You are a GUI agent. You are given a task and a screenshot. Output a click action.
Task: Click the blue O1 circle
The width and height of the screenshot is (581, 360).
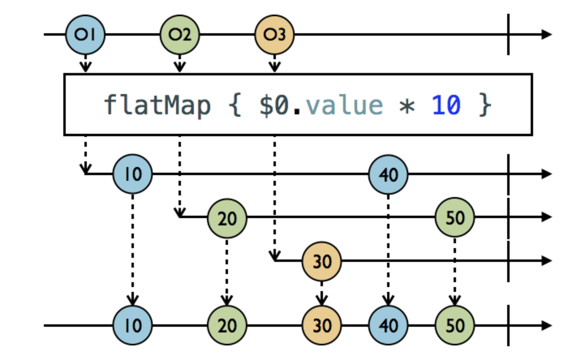85,34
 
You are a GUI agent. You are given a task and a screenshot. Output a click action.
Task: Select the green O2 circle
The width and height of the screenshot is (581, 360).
180,34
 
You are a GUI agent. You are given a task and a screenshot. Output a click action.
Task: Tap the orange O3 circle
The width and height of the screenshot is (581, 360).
274,34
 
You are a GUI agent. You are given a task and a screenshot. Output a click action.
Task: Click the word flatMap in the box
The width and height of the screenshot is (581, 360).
157,105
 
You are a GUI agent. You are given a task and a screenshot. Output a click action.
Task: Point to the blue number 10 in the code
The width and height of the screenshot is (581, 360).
446,105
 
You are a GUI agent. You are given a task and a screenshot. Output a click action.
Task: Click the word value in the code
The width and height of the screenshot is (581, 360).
344,105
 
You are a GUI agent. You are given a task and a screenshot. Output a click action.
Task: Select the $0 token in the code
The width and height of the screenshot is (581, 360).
274,105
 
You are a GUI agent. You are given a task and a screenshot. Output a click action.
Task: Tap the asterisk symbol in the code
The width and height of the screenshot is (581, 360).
407,106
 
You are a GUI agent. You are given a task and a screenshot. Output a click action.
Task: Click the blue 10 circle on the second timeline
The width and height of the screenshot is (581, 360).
133,174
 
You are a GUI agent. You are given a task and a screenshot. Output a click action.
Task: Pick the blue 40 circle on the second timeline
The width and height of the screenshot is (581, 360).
388,174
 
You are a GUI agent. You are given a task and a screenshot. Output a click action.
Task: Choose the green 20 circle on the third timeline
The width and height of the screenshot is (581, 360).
227,218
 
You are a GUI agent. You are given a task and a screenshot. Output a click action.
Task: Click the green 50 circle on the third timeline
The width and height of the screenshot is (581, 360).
455,217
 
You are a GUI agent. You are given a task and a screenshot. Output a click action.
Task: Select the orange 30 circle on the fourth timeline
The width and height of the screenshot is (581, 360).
322,261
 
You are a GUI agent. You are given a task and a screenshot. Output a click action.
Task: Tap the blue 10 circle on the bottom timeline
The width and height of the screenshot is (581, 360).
133,325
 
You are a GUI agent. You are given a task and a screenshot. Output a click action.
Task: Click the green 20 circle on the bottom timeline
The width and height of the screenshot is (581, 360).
227,325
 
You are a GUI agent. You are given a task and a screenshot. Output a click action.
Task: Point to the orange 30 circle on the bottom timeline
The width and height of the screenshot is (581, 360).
322,325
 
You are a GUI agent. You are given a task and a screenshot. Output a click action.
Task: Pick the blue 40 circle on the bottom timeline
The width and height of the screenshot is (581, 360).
388,325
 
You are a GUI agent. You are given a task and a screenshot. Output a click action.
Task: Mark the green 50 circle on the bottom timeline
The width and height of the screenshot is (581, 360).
455,325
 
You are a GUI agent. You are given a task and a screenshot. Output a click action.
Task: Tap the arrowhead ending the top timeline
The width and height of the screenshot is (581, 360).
547,34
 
